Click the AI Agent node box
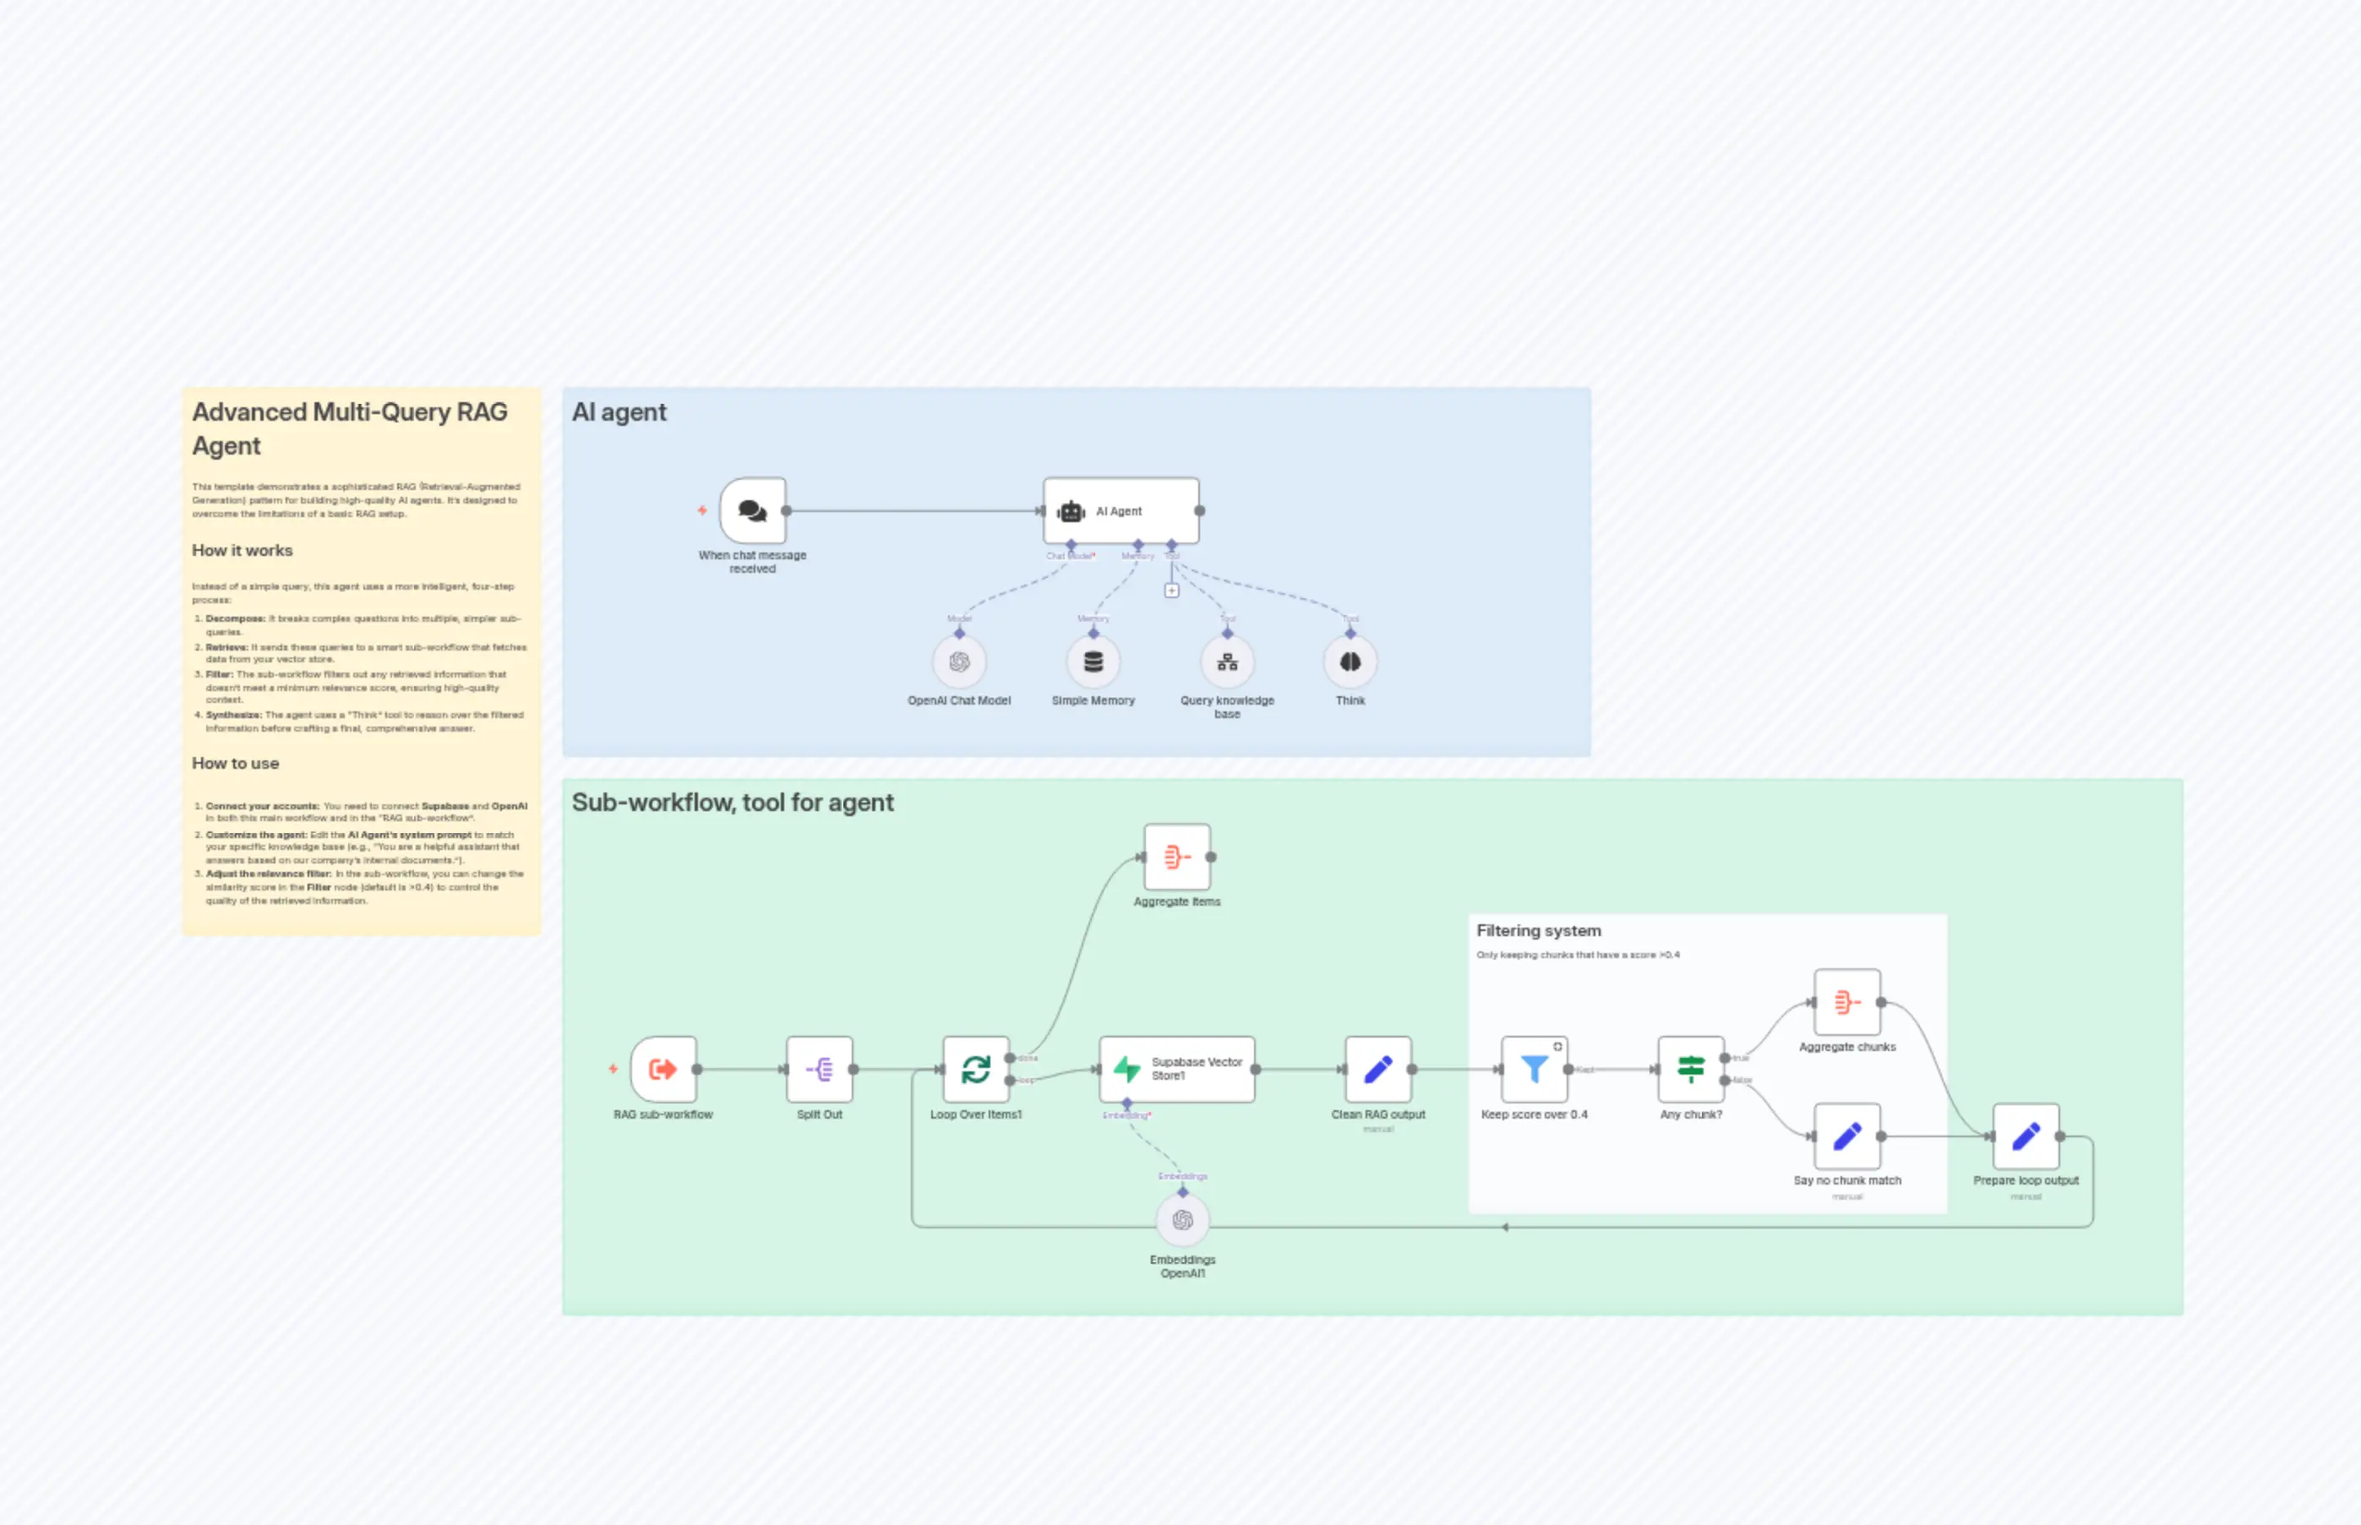1121,511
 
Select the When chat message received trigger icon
753,511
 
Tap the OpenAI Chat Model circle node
958,662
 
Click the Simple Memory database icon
1093,662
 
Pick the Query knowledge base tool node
1227,662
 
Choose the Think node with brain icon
1350,662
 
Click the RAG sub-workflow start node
662,1070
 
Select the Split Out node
819,1070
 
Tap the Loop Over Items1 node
975,1070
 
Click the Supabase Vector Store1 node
1176,1070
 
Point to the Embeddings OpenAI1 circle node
1182,1221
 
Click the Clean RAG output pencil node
1377,1070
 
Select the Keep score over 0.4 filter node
1534,1070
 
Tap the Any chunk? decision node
1691,1070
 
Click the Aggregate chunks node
1847,1002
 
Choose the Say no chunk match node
1847,1137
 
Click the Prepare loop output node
2026,1137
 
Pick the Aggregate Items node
1176,858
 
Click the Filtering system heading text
1538,931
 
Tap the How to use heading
236,764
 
